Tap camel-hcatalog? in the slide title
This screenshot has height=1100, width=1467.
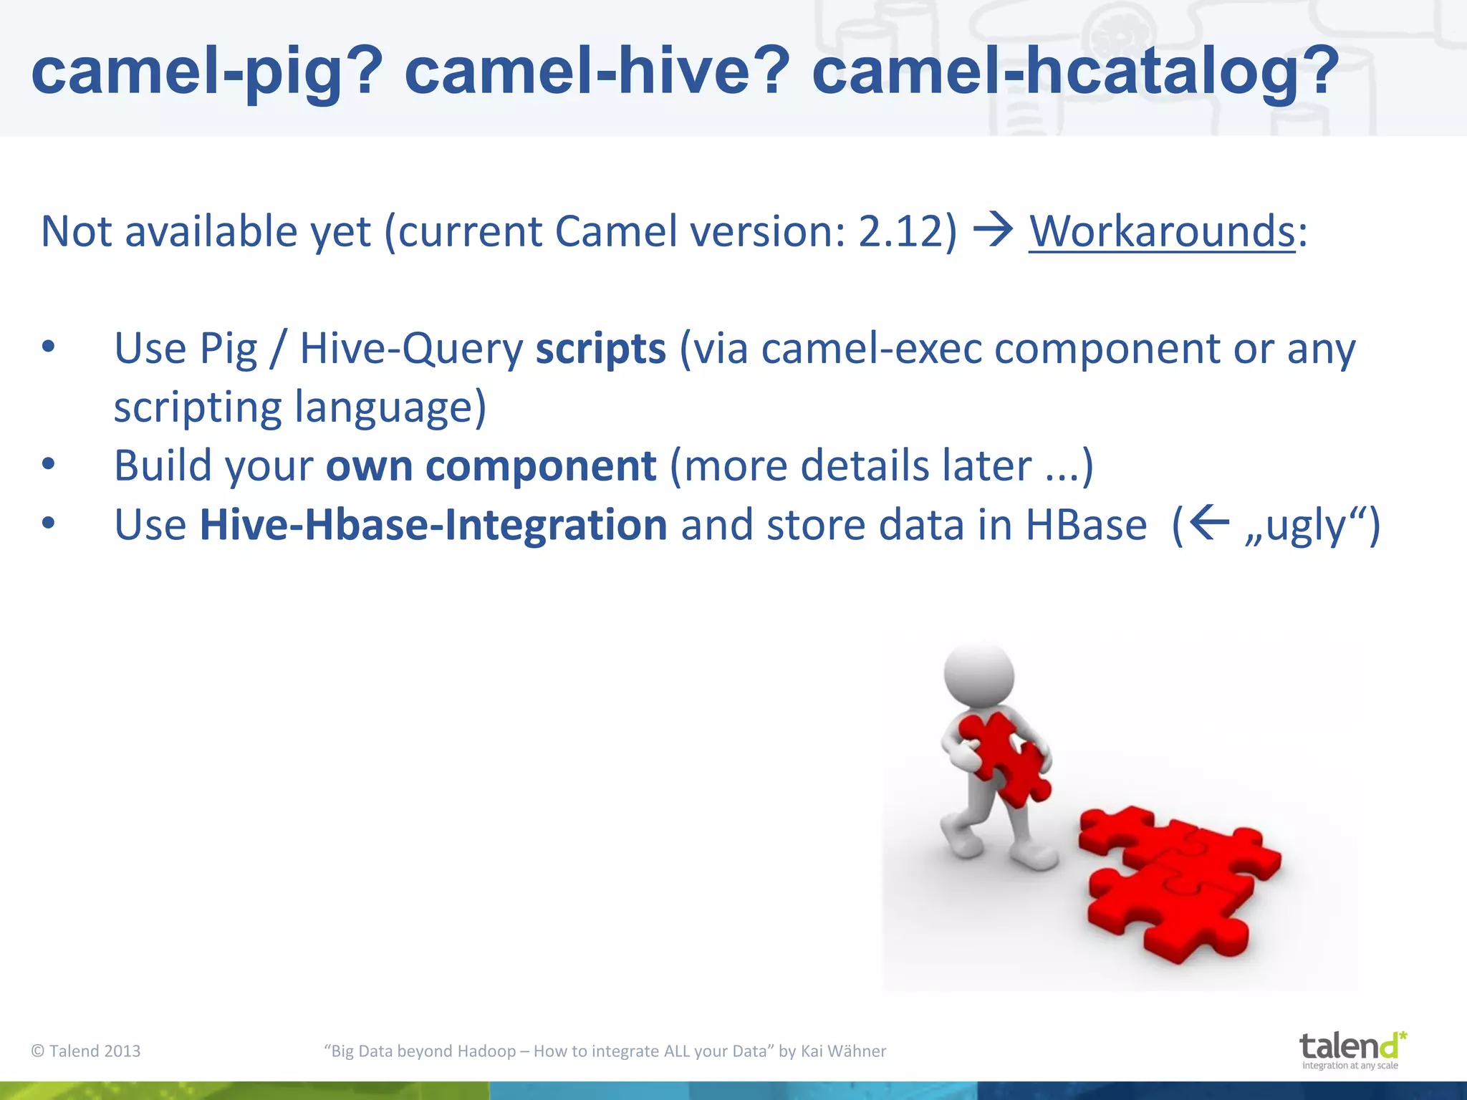coord(1074,72)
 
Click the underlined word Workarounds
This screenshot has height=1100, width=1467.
coord(1162,232)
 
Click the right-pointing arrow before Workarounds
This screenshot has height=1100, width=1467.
coord(994,231)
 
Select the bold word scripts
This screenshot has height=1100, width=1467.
coord(600,349)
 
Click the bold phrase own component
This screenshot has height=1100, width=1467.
coord(491,466)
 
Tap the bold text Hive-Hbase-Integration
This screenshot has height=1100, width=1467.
coord(433,525)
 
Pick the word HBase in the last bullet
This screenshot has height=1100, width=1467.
coord(1086,525)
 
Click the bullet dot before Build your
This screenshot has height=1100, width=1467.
coord(48,465)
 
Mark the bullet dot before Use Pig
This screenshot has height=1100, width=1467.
coord(48,348)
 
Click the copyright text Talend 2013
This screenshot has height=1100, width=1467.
coord(86,1051)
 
